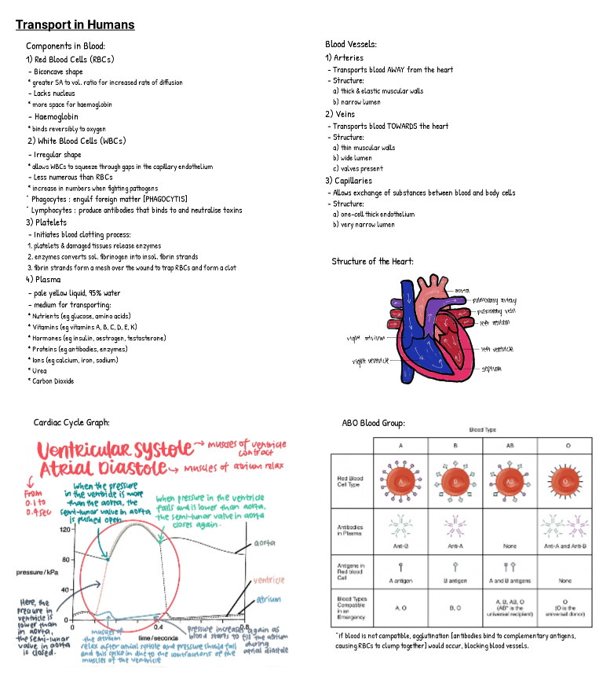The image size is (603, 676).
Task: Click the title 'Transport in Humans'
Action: click(75, 25)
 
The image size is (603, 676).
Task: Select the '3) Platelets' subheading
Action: click(46, 222)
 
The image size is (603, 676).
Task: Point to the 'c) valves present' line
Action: click(358, 168)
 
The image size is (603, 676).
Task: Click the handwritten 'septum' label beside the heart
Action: click(492, 368)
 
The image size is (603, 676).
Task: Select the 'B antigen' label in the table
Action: click(455, 579)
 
